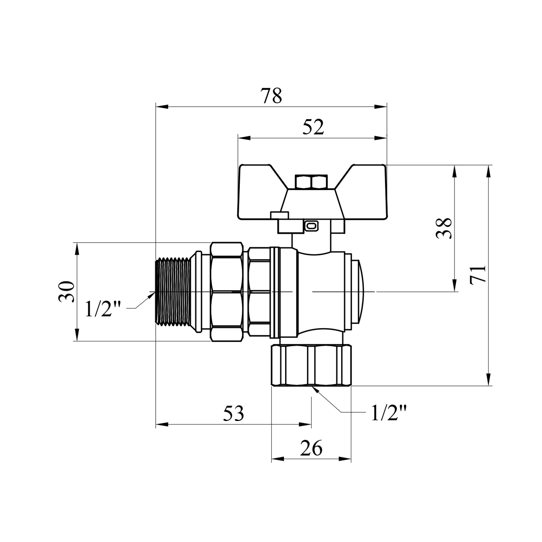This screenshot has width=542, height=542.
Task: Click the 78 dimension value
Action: click(271, 96)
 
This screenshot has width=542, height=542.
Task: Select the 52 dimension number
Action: click(313, 127)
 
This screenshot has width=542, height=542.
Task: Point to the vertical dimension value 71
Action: click(478, 274)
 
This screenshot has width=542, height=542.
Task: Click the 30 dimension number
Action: click(66, 291)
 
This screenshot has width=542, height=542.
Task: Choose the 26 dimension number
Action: click(311, 448)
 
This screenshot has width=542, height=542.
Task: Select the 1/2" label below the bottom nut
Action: click(389, 413)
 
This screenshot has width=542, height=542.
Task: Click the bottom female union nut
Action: click(311, 366)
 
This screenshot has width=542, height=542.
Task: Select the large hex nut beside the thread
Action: click(227, 291)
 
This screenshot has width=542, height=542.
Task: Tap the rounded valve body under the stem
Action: click(320, 291)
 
